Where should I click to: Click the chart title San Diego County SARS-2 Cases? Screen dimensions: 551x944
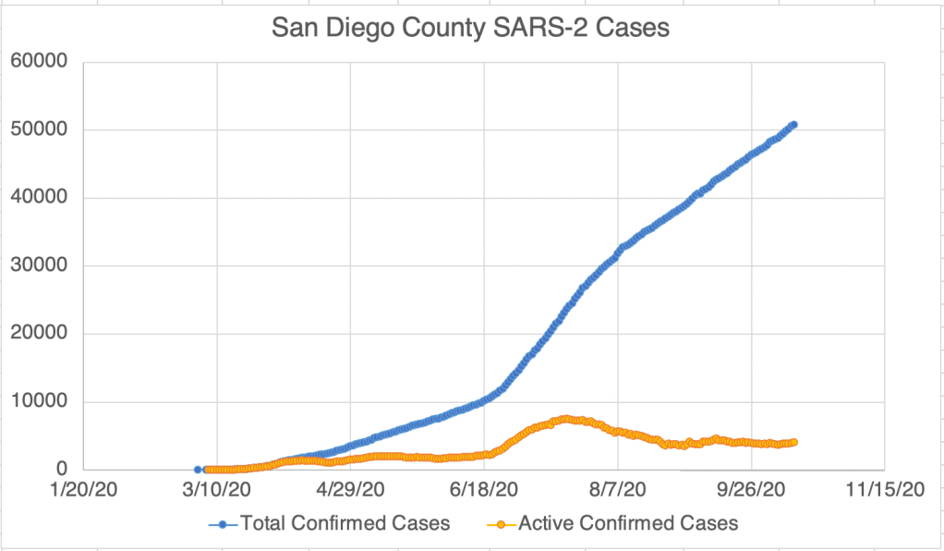(x=470, y=30)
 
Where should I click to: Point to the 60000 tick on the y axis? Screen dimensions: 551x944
(x=38, y=62)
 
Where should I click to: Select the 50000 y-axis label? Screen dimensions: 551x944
(x=38, y=129)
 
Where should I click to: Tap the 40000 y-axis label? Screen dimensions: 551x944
(x=38, y=198)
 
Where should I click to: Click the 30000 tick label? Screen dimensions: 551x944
(x=38, y=266)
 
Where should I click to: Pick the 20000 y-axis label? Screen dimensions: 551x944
(x=38, y=334)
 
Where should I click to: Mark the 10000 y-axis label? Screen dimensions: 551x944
(x=38, y=402)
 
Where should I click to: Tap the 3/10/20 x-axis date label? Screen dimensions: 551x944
(x=217, y=488)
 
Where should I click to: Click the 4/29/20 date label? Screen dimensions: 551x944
(x=351, y=488)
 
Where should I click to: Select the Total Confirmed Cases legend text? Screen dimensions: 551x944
(x=345, y=523)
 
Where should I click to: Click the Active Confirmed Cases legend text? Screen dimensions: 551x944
(x=628, y=523)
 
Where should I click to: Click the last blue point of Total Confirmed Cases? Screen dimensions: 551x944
(x=793, y=124)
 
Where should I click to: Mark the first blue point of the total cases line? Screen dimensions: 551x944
(x=198, y=470)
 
